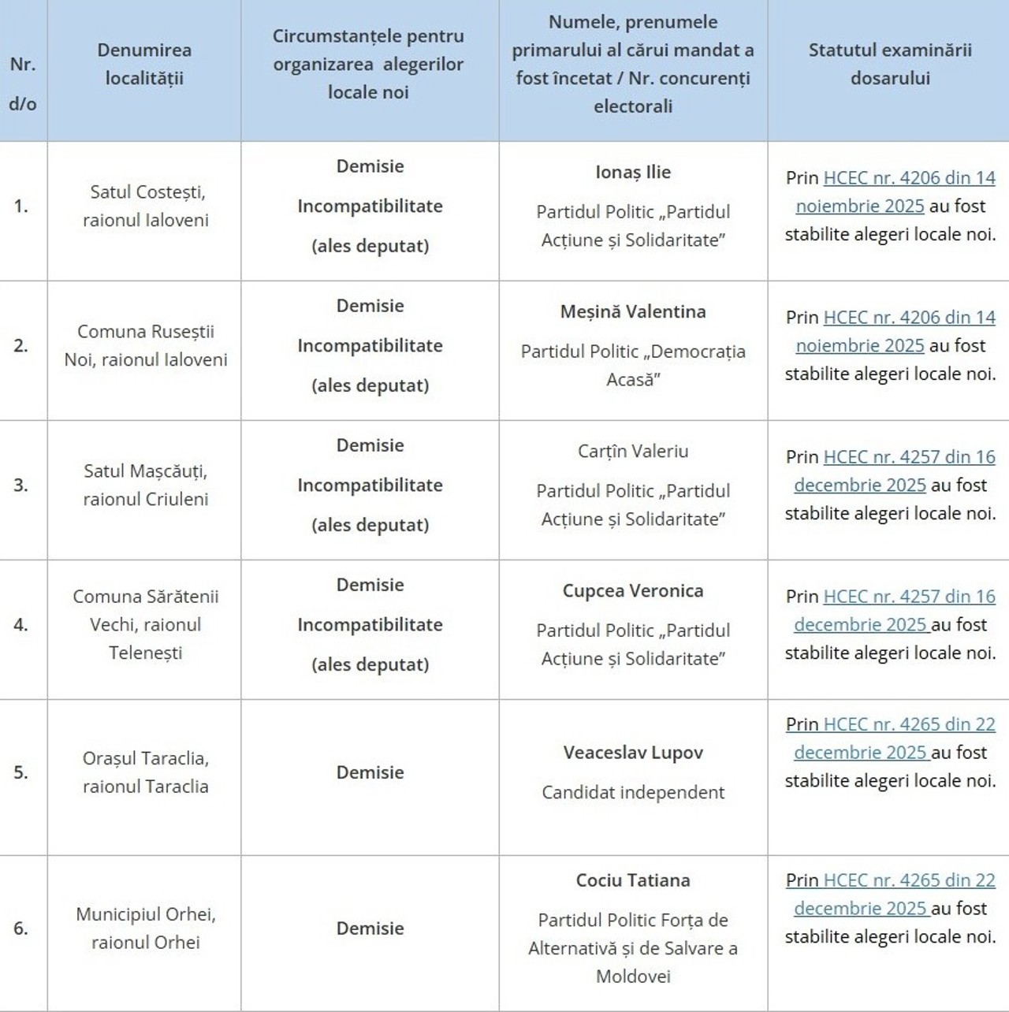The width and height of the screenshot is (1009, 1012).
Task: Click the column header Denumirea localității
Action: (144, 64)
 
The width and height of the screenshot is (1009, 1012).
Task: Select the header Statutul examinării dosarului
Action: (890, 64)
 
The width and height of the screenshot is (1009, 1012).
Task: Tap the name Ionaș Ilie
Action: (633, 172)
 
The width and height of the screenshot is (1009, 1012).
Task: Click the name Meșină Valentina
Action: (633, 311)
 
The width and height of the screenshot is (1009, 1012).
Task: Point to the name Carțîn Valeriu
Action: (633, 451)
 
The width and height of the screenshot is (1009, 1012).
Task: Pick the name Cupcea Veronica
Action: (633, 590)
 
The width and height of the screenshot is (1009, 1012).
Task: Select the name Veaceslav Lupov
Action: (633, 753)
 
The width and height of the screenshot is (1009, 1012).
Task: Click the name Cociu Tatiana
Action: (633, 880)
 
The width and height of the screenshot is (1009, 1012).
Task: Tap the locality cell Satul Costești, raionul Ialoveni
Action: (146, 206)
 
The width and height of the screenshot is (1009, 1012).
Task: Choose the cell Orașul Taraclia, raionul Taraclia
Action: (146, 772)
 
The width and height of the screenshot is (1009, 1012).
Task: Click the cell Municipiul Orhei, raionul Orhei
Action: (146, 928)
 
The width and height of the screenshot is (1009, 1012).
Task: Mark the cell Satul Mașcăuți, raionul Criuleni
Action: (146, 485)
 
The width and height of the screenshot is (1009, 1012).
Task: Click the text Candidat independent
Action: (633, 793)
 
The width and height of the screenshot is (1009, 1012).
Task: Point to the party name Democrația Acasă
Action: (633, 365)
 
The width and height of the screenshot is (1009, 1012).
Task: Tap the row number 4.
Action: (21, 625)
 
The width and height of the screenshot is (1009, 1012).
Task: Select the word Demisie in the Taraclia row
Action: (370, 772)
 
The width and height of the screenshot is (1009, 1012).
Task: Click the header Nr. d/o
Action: (23, 84)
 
